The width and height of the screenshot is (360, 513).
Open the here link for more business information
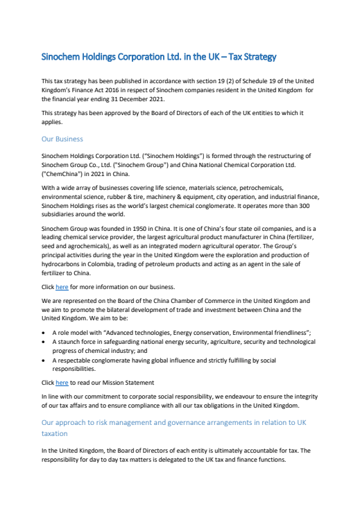tap(62, 286)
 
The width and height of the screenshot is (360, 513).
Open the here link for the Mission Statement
tap(62, 383)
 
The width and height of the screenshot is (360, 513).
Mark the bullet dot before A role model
tap(45, 333)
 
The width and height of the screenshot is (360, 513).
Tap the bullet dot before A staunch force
tap(45, 342)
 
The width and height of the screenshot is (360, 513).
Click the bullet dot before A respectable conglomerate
tap(45, 360)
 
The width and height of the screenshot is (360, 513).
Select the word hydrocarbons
tap(63, 263)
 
